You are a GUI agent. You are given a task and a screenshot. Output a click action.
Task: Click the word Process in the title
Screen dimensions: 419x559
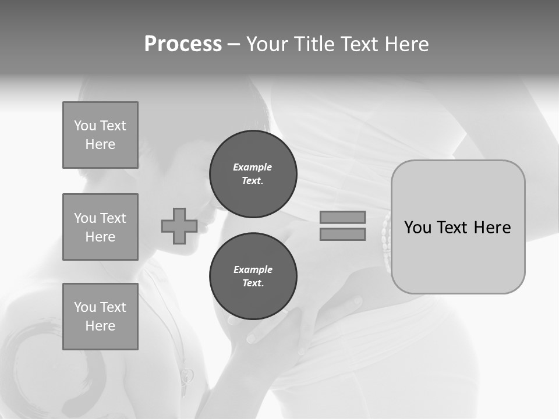click(x=183, y=44)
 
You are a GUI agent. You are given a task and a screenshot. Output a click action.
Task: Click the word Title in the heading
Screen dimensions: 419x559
click(x=313, y=44)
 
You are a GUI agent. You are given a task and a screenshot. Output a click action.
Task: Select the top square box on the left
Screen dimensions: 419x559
click(x=100, y=135)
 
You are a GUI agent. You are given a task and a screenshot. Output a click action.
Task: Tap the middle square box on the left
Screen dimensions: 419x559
click(x=100, y=227)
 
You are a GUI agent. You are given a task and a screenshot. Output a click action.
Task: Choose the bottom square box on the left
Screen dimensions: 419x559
click(x=100, y=317)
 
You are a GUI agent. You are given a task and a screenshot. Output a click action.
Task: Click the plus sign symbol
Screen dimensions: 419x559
click(x=179, y=226)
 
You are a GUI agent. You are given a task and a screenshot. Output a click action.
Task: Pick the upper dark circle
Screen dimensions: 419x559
click(x=253, y=173)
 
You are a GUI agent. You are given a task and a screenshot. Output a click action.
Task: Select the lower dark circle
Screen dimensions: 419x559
click(x=253, y=276)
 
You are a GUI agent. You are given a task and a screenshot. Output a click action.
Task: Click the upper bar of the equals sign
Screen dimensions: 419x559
click(x=342, y=217)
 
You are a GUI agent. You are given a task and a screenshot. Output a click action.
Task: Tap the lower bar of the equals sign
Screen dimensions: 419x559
click(x=342, y=234)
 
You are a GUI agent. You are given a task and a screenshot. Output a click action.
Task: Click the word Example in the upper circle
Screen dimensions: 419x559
click(x=253, y=167)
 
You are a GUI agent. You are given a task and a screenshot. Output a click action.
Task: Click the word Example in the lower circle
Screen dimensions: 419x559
click(x=253, y=269)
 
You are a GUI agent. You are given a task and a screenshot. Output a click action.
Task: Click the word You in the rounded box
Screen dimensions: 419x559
click(x=418, y=227)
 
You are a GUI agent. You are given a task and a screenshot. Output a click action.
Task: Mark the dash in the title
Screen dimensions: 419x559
click(x=233, y=44)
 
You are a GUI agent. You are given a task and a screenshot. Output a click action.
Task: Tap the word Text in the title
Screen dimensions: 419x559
click(x=359, y=44)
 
